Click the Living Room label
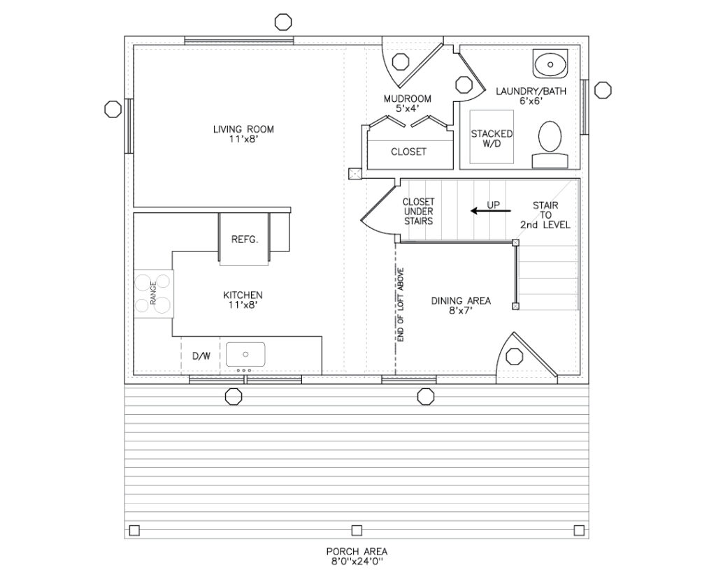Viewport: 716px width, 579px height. [243, 134]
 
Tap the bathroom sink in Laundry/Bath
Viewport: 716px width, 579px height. [550, 64]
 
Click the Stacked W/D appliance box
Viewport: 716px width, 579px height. [492, 137]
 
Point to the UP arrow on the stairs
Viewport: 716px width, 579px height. [491, 211]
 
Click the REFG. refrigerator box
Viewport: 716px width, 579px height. [245, 239]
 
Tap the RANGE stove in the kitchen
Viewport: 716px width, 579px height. [153, 293]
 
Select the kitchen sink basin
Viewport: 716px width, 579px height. [245, 355]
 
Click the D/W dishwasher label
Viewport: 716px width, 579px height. [201, 356]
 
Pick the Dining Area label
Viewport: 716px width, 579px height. [461, 306]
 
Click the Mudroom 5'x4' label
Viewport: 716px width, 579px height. [408, 103]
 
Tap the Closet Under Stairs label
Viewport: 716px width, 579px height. [418, 211]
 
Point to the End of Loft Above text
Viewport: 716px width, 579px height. [401, 305]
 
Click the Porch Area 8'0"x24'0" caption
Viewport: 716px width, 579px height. [357, 557]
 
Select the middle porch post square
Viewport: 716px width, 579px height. [357, 530]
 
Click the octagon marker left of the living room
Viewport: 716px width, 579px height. [113, 108]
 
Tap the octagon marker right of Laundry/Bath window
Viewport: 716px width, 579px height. [603, 90]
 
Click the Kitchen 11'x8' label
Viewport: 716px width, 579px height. [243, 300]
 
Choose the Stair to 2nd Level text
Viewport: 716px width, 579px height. [545, 215]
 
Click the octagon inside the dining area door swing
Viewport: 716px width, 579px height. [515, 356]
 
